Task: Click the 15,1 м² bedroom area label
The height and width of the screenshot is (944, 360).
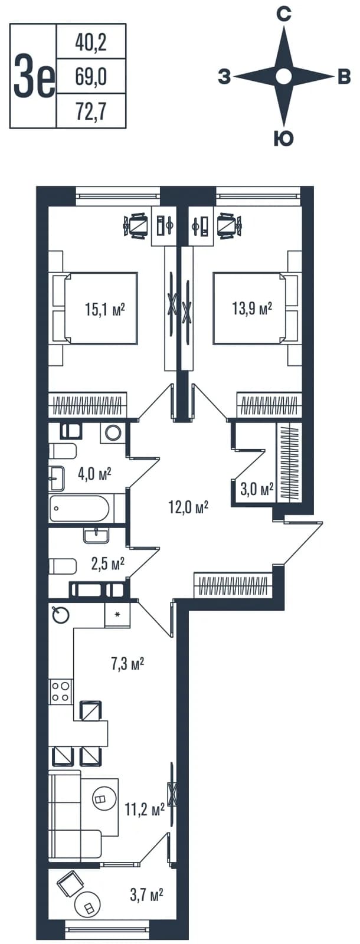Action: [105, 310]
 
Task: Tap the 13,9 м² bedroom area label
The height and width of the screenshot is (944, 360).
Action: [251, 310]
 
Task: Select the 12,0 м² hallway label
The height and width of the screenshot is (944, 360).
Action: [189, 507]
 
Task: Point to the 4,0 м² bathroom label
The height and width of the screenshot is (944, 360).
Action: [94, 474]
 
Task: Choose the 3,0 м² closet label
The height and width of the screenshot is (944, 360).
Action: [257, 490]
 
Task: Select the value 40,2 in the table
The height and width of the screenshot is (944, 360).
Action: [91, 42]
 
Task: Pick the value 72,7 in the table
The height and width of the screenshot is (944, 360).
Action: [91, 112]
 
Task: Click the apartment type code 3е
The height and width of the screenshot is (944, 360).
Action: [34, 76]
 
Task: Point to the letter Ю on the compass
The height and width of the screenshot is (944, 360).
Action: [284, 138]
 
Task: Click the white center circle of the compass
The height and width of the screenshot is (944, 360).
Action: [284, 77]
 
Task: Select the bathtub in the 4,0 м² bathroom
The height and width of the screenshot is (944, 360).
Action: [80, 509]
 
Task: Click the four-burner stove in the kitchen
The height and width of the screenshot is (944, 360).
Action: [60, 691]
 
